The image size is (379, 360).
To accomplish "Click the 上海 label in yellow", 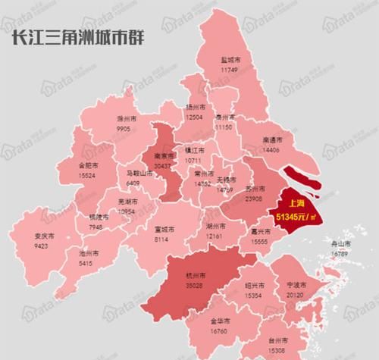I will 290,204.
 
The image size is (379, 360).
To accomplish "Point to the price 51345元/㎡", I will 295,216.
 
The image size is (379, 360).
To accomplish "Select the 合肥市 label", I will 89,164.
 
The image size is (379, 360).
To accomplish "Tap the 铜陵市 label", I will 96,217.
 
